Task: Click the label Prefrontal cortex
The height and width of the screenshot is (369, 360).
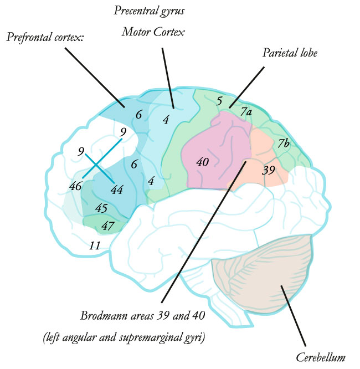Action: tap(45, 37)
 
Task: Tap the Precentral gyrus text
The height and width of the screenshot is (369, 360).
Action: tap(149, 11)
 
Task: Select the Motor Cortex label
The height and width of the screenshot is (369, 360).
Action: tap(153, 32)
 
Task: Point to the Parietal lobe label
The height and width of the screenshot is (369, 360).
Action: tap(290, 53)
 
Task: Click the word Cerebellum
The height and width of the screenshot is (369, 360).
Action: tap(321, 357)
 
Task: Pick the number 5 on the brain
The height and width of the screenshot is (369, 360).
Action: tap(219, 101)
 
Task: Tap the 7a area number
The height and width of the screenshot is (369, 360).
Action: tap(246, 111)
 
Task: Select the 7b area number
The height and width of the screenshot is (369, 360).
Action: tap(284, 143)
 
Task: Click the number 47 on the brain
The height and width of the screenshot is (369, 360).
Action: tap(108, 226)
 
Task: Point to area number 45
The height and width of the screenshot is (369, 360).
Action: tap(101, 208)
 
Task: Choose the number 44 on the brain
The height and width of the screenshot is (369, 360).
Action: tap(117, 189)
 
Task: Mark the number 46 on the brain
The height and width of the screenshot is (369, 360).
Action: tap(75, 186)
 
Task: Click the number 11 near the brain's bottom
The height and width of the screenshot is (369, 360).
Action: tap(95, 245)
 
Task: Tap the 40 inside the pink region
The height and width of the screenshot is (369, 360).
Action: tap(203, 162)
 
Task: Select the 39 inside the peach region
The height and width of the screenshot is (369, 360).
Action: tap(269, 170)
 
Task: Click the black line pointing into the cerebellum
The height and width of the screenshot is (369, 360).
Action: tap(294, 316)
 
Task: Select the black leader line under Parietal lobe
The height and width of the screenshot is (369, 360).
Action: tap(246, 88)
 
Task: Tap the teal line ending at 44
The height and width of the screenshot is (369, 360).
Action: tap(100, 168)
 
